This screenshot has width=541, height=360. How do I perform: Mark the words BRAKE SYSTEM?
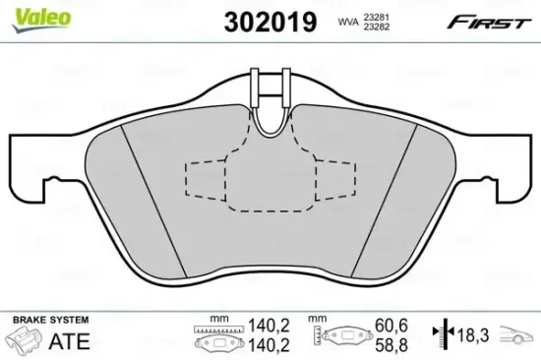48,320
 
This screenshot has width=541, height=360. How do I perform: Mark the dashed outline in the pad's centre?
270,181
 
